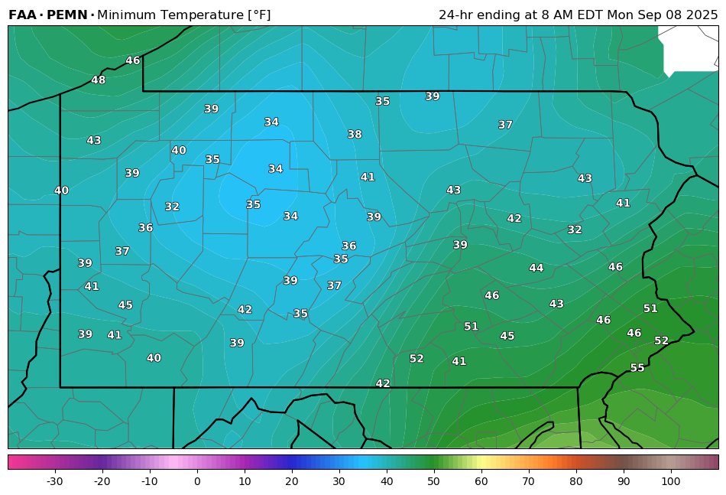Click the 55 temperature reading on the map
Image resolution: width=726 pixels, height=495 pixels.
637,368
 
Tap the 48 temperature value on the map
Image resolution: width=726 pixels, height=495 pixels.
99,80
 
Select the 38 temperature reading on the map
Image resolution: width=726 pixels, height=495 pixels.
355,135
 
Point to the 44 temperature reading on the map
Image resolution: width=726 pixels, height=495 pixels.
536,268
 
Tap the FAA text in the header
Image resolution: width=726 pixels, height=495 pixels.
23,15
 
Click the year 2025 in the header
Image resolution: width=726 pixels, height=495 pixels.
702,15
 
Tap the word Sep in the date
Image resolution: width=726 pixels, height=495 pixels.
647,15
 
